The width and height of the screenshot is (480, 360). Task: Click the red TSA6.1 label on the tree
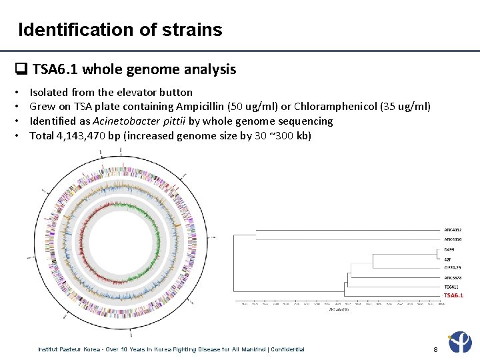coord(453,295)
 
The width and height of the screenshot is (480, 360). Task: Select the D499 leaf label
coord(449,249)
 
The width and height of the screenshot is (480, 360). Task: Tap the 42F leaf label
coord(448,259)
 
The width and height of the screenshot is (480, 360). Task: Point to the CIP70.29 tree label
coord(452,267)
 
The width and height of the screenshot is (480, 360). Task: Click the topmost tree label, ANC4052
coord(453,230)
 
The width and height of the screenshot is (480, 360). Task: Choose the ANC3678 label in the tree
coord(453,277)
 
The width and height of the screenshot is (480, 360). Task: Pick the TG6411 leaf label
coord(451,286)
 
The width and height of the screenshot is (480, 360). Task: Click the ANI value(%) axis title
coord(338,309)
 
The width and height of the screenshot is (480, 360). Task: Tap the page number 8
coord(435,349)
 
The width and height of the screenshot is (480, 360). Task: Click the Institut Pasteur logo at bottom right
coord(461,343)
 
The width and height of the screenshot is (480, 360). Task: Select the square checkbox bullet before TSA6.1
coord(21,69)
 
